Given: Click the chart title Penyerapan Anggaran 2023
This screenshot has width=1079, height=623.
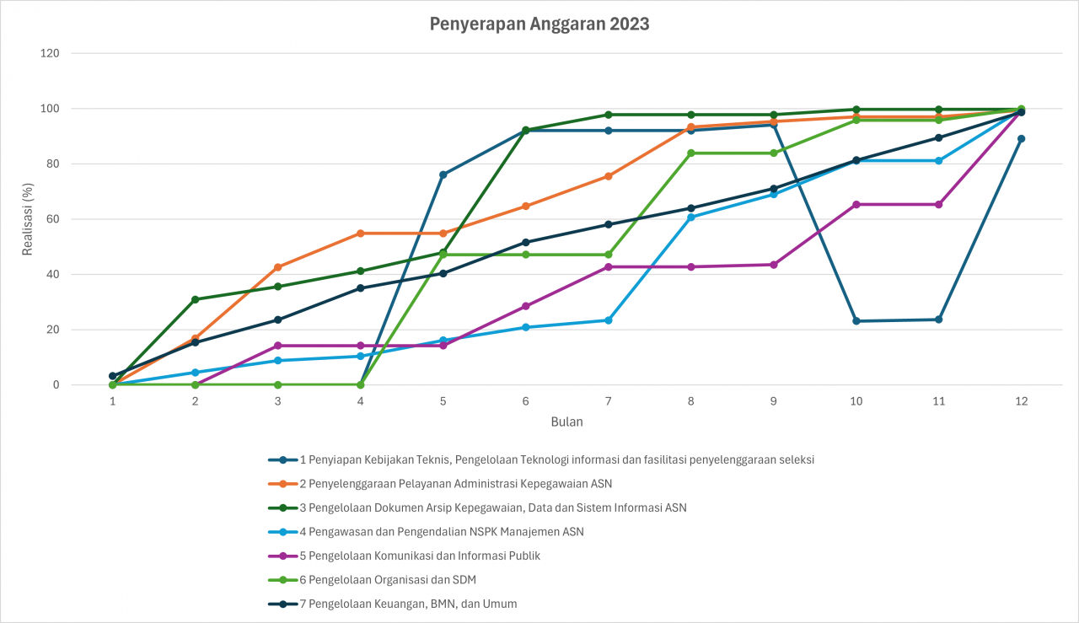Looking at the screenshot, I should [539, 24].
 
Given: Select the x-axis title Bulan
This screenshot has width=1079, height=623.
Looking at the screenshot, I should [566, 422].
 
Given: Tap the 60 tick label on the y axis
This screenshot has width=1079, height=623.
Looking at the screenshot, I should [52, 219].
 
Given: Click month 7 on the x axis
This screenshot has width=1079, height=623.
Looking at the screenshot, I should [608, 402].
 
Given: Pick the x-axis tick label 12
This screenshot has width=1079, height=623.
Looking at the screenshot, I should [1021, 402].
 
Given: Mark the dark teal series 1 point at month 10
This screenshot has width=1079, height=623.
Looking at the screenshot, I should [856, 321].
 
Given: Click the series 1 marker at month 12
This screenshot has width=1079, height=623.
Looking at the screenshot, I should [1021, 139].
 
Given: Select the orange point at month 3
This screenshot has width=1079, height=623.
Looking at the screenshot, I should [277, 267].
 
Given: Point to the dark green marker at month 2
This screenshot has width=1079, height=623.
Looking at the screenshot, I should [195, 299].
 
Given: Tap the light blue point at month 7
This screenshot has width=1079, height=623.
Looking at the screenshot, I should [608, 320].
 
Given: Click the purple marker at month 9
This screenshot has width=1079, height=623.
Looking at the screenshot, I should [773, 265].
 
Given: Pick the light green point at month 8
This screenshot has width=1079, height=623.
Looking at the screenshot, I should [690, 153].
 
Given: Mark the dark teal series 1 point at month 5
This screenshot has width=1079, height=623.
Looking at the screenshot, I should [443, 175].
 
